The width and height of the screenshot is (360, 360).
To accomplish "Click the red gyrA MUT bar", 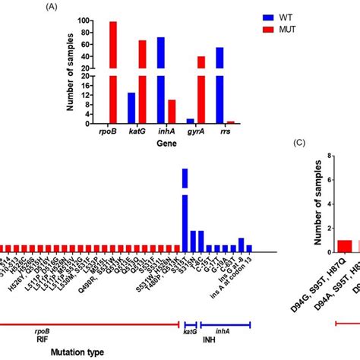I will point(201,90).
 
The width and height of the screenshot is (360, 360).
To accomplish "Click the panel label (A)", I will point(52,6).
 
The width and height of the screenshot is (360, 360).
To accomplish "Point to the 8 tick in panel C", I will point(329,156).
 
